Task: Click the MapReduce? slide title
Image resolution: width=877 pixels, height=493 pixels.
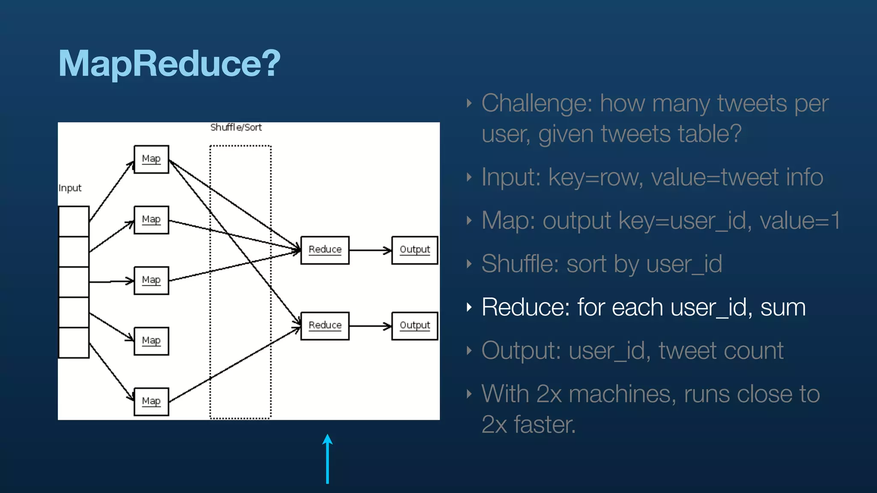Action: (x=169, y=63)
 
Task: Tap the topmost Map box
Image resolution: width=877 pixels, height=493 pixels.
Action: (x=151, y=159)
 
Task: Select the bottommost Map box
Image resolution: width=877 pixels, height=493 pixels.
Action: (x=151, y=401)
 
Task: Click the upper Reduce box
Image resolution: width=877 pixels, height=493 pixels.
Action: (x=325, y=250)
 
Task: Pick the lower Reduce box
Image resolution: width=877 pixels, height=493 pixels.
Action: (x=325, y=326)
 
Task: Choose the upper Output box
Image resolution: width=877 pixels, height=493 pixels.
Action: (x=415, y=250)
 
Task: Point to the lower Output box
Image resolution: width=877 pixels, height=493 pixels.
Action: (x=415, y=326)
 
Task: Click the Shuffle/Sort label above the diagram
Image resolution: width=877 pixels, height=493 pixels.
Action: (x=236, y=128)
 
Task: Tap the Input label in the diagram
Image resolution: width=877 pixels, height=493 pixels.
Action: (x=70, y=188)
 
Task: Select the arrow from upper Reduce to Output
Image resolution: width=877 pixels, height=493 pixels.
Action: (x=370, y=250)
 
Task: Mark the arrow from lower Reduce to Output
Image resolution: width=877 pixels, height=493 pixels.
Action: (x=370, y=326)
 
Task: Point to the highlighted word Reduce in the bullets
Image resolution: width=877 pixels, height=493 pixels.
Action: (x=525, y=307)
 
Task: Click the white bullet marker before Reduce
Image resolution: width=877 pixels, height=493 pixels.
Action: (x=469, y=307)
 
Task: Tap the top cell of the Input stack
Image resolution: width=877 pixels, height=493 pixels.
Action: (x=74, y=221)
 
